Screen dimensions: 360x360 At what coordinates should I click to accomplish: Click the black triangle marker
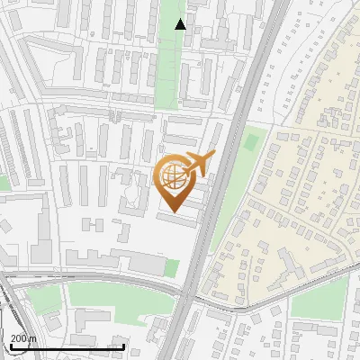coord(181,24)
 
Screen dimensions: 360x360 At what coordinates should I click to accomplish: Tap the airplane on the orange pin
coord(198,164)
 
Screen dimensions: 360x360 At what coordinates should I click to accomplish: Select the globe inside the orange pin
coord(174,177)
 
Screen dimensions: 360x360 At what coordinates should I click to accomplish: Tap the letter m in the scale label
coord(32,338)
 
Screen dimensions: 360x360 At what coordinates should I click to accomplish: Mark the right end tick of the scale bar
coord(123,346)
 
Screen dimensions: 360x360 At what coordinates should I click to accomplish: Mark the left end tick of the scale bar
coord(10,346)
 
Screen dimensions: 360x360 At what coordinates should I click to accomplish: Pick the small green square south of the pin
coord(171,267)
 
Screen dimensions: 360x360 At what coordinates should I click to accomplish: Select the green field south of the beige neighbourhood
coord(319,297)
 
